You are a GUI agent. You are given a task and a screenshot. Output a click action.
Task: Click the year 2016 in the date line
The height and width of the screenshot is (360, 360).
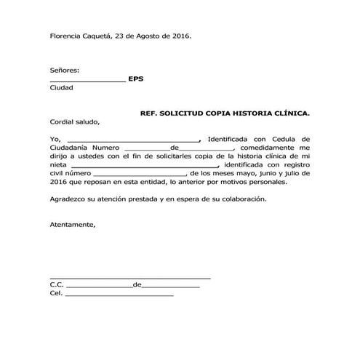(x=178, y=36)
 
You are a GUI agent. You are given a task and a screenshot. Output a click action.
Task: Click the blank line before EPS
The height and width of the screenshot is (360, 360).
(x=87, y=80)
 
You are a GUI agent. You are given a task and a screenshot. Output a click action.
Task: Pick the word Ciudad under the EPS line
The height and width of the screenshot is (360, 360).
(x=61, y=87)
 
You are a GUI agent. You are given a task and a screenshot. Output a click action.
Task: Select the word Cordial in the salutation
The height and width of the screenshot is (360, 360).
(x=63, y=122)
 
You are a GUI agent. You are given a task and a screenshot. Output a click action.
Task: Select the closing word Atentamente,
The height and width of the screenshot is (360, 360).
(x=72, y=225)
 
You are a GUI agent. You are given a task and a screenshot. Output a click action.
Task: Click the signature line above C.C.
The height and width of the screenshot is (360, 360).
(x=130, y=278)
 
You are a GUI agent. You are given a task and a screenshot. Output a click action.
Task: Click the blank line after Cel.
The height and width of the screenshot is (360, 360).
(x=120, y=295)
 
